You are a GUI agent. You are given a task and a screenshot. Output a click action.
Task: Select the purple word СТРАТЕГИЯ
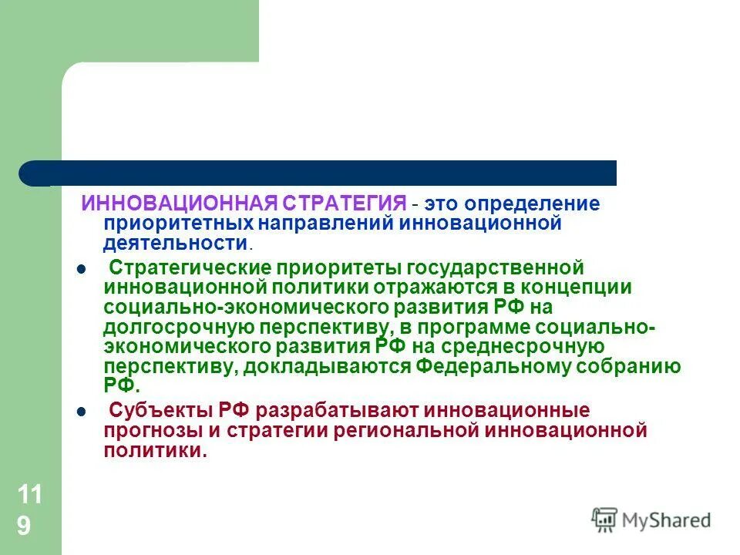(344, 203)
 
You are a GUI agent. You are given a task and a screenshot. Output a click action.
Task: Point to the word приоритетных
(177, 224)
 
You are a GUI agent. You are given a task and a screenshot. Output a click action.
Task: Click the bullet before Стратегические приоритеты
(82, 269)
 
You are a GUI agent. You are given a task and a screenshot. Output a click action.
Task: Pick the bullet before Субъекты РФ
(82, 412)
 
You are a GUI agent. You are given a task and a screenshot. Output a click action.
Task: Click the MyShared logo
(651, 520)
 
